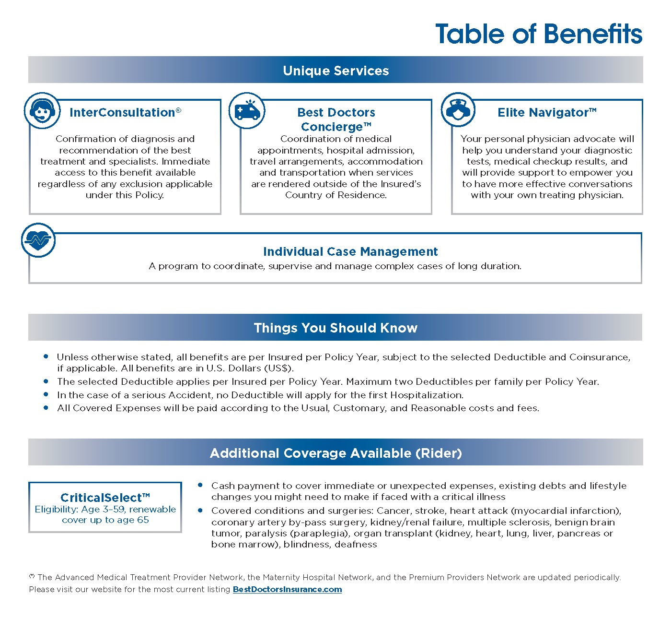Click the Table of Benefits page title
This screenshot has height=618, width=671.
[x=538, y=34]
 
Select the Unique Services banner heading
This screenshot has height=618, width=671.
[x=335, y=71]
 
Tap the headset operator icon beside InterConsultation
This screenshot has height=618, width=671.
[x=42, y=110]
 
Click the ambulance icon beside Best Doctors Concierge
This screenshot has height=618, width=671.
[x=247, y=111]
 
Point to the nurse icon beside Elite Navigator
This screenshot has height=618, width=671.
[x=458, y=110]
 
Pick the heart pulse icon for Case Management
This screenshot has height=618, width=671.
[x=38, y=240]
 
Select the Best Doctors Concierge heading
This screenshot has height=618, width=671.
[x=336, y=119]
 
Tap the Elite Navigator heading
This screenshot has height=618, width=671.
[x=547, y=112]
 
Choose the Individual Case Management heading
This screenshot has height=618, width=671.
[x=350, y=251]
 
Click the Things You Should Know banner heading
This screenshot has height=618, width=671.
[x=335, y=328]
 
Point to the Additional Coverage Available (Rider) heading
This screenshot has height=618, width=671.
[x=335, y=453]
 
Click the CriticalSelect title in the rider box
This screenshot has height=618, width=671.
[x=105, y=498]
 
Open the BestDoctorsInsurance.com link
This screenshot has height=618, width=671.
[x=287, y=589]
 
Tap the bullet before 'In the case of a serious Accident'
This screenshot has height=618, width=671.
[x=46, y=394]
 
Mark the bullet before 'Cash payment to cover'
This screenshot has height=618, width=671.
[x=200, y=485]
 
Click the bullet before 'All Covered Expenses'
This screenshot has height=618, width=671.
[x=46, y=407]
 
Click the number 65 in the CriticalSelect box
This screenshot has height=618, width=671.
[x=143, y=520]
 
